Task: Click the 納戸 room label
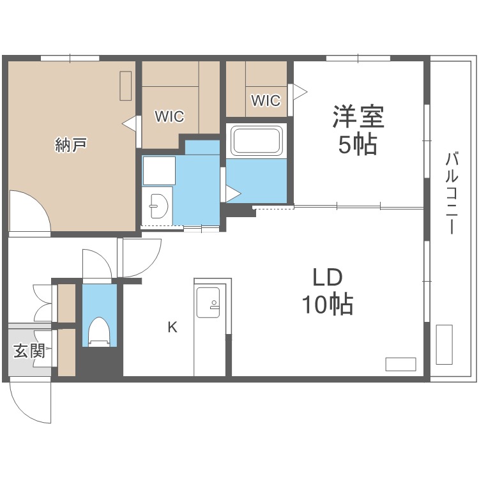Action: pyautogui.click(x=71, y=146)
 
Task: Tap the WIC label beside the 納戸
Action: pyautogui.click(x=170, y=117)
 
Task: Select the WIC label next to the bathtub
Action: pyautogui.click(x=266, y=100)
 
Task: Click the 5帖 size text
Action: pyautogui.click(x=358, y=146)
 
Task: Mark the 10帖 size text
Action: pyautogui.click(x=328, y=306)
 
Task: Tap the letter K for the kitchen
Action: pyautogui.click(x=172, y=328)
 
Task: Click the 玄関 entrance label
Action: pyautogui.click(x=29, y=351)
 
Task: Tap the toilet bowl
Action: pyautogui.click(x=99, y=331)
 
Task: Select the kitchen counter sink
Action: pyautogui.click(x=208, y=301)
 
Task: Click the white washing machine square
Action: pyautogui.click(x=158, y=171)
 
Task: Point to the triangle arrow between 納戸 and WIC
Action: pyautogui.click(x=130, y=123)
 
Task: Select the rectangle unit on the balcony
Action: pyautogui.click(x=444, y=344)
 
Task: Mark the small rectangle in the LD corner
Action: pyautogui.click(x=400, y=364)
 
